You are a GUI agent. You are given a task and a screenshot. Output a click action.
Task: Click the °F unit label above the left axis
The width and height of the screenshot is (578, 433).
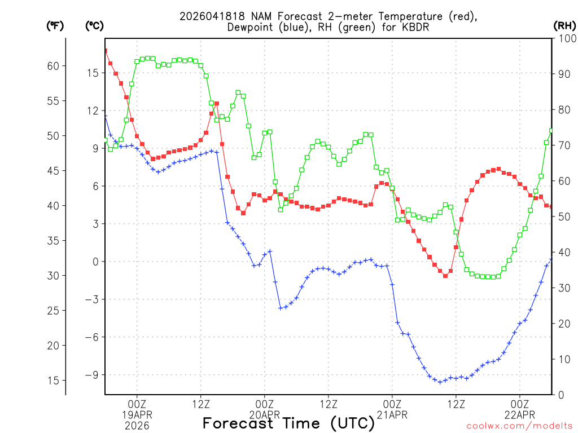point(55,26)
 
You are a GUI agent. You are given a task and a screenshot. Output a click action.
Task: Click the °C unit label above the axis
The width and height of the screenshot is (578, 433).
point(94,26)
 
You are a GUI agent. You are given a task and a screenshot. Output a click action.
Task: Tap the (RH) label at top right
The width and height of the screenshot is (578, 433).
point(564,26)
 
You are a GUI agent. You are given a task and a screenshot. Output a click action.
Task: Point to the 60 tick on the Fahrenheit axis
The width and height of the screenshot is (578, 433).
point(53,66)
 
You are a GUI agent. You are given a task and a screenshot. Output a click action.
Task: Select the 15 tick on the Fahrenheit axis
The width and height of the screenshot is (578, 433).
point(53,381)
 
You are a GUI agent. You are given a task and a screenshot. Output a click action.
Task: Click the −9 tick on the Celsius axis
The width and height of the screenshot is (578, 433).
point(91,375)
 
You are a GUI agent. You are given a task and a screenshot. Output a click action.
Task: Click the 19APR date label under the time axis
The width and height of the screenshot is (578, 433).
point(137,415)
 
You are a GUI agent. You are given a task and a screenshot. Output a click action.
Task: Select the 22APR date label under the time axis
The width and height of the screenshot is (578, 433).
point(520,415)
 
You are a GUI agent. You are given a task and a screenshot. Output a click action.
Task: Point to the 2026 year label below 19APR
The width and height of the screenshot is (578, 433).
point(137,426)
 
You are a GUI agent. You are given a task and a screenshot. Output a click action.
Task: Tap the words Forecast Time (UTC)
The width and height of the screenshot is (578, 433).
point(288,423)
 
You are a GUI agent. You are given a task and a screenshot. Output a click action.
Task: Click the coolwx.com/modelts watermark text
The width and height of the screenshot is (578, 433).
point(519,426)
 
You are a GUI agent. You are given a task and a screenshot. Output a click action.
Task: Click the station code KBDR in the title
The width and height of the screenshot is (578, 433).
point(415,27)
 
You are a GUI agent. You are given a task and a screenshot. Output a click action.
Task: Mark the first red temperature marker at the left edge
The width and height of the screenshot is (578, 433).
point(105,51)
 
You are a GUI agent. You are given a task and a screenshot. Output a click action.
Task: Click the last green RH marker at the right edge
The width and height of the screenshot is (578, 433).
point(551,131)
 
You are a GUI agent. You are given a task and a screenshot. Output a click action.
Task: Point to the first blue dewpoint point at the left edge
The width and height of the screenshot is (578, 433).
point(105,116)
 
